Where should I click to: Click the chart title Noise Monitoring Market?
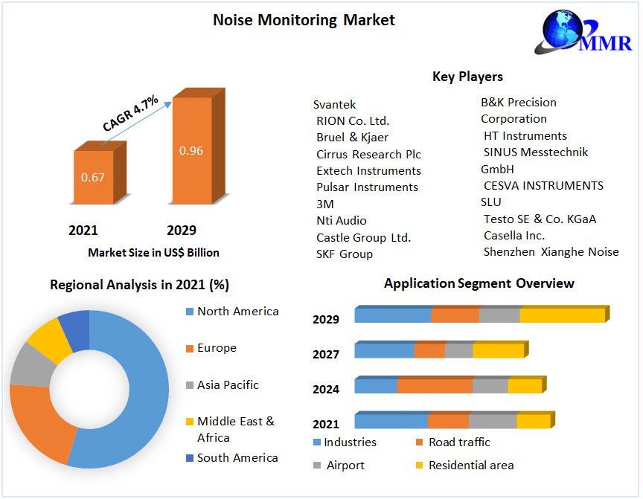coord(304,20)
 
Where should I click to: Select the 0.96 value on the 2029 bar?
coord(191,151)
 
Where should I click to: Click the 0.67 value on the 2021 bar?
coord(93,177)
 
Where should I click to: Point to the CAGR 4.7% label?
coord(130,114)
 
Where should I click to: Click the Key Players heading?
coord(467,77)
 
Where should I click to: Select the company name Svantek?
coord(334,105)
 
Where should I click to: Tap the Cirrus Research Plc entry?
coord(368,154)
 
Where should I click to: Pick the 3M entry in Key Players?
coord(324,204)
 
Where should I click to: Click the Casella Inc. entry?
coord(514,235)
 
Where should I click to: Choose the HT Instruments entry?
coord(525,135)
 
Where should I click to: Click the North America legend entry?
coord(237,312)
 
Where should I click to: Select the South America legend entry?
coord(237,458)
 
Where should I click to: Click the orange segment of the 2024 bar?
coord(435,386)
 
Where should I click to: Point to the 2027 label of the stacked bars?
coord(326,355)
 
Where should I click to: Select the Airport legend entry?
coord(345,465)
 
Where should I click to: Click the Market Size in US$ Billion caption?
coord(153,253)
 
